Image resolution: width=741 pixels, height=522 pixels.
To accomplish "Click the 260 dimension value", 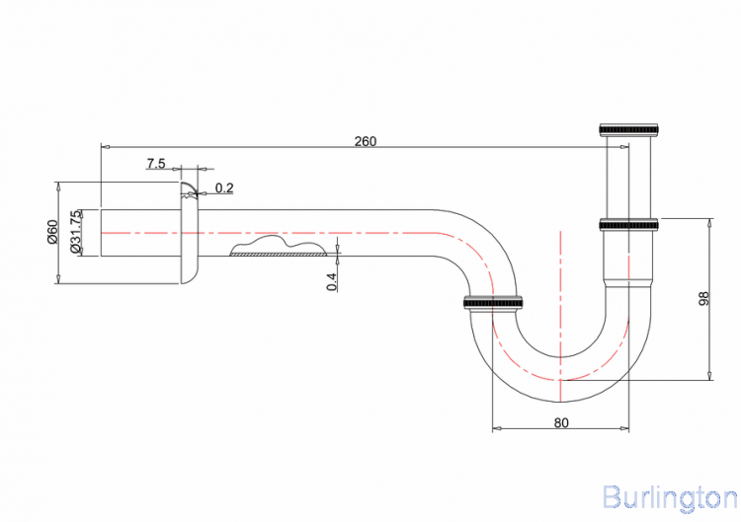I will pyautogui.click(x=366, y=141).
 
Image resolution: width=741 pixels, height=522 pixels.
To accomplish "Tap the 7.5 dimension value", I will pyautogui.click(x=156, y=163).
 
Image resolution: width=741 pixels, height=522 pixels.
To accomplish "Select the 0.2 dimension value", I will pyautogui.click(x=224, y=187).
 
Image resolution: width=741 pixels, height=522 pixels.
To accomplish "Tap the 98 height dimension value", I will pyautogui.click(x=703, y=299).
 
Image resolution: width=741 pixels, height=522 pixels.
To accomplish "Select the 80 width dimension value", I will pyautogui.click(x=561, y=422).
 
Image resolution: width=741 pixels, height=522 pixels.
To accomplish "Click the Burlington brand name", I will pyautogui.click(x=668, y=495).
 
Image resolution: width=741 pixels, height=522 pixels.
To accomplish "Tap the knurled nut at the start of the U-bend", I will pyautogui.click(x=493, y=301).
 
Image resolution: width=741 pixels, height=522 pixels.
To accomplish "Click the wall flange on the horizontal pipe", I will pyautogui.click(x=188, y=234).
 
